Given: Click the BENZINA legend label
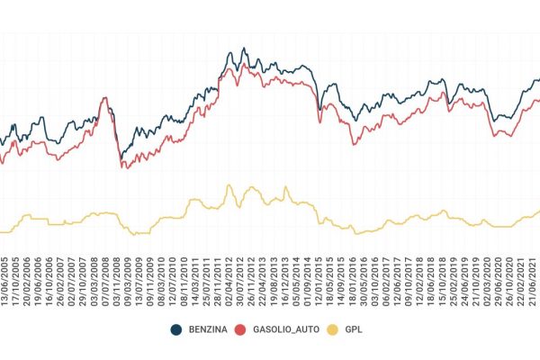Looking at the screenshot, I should (x=208, y=330).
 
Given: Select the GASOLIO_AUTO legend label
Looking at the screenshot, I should (x=281, y=330).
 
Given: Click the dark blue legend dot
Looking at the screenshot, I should (x=176, y=330).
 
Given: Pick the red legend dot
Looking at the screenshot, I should (x=240, y=330).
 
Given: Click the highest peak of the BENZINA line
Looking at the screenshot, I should (x=245, y=49).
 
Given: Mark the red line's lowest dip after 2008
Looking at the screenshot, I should (x=123, y=168).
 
